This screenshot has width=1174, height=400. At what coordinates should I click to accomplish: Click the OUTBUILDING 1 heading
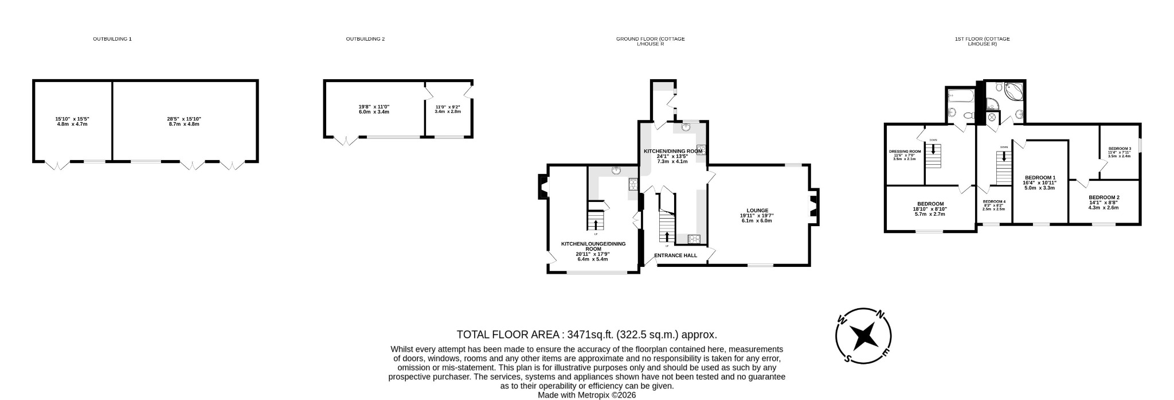point(112,39)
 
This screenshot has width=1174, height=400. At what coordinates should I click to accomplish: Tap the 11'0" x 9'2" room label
point(448,107)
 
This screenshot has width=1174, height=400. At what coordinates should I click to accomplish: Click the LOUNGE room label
point(757,210)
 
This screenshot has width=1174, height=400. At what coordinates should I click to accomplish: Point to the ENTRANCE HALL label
point(675,255)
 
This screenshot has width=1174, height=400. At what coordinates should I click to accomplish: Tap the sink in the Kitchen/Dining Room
point(686,128)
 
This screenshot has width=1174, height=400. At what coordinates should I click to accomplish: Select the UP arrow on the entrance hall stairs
point(667,236)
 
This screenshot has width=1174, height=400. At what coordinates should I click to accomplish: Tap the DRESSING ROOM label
point(905,152)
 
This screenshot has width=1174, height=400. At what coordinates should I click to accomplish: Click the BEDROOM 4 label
point(994,201)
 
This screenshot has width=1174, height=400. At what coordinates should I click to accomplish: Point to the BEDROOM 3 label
point(1119,149)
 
